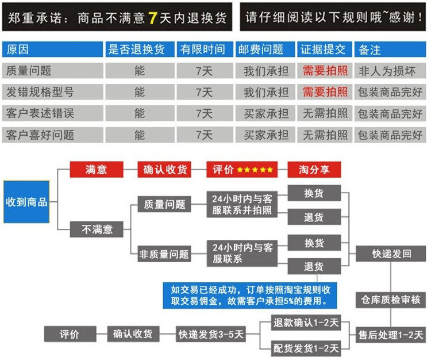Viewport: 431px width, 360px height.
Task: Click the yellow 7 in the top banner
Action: [x=152, y=17]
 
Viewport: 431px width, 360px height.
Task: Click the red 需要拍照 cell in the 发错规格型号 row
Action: [x=325, y=92]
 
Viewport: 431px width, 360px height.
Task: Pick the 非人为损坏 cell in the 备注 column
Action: [x=390, y=71]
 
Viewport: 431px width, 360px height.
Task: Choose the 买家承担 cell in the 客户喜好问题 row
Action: [x=265, y=135]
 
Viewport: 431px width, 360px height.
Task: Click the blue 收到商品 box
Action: [x=26, y=202]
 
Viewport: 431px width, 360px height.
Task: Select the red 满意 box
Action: [x=97, y=170]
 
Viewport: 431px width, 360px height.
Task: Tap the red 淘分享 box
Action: [x=314, y=170]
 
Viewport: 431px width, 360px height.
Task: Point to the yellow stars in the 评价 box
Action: [x=255, y=170]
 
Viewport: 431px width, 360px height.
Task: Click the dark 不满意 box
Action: [x=97, y=229]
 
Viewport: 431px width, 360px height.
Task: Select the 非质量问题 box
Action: [x=164, y=254]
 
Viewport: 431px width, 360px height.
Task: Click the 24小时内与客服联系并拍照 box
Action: [x=242, y=204]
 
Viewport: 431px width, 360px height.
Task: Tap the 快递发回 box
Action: [x=391, y=254]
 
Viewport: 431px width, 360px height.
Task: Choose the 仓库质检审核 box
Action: [x=391, y=300]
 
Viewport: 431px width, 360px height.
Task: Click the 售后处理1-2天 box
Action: [x=391, y=334]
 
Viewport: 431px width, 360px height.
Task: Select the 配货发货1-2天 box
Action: [x=306, y=347]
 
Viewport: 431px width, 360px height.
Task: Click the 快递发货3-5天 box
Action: [x=211, y=334]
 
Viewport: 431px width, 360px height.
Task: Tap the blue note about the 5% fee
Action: [x=249, y=294]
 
